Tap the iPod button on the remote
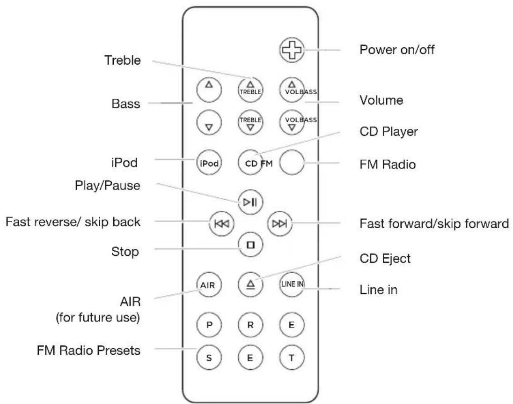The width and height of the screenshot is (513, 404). click(x=208, y=164)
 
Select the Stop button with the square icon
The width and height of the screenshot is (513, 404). click(x=249, y=245)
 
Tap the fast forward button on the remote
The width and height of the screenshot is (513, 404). click(x=279, y=223)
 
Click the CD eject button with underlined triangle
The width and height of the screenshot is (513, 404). click(x=249, y=284)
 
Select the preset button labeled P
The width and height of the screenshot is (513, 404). click(x=208, y=324)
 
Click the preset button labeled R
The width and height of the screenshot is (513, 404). click(x=249, y=324)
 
